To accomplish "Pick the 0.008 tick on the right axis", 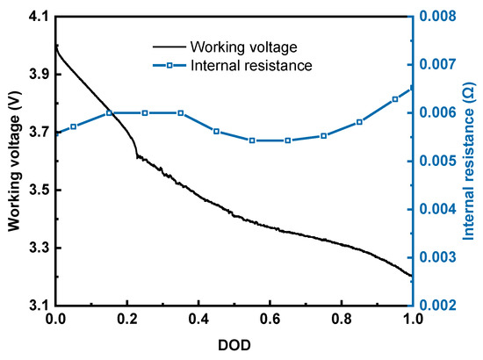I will point(438,17).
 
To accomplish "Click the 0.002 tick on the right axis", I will point(438,306).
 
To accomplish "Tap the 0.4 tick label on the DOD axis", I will point(198,320).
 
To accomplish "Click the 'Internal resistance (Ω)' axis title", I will point(467,161).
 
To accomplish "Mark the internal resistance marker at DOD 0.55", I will point(252,140).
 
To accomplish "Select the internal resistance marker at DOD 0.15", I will point(110,112).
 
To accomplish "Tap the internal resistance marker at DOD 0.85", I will point(359,122).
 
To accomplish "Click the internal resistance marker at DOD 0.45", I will point(216,131).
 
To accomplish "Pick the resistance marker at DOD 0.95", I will point(395,99).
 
